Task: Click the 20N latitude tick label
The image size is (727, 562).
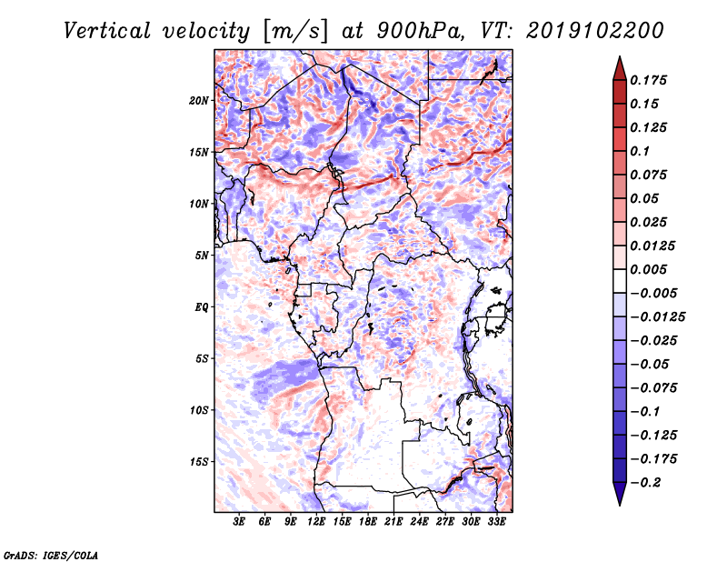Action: (x=198, y=101)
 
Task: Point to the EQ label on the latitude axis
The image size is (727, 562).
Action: (x=202, y=307)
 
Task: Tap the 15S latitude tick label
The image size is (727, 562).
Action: (x=198, y=462)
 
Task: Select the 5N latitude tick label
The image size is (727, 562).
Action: (x=201, y=256)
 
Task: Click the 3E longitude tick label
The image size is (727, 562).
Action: (x=239, y=522)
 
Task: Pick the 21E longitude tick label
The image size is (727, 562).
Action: (x=393, y=522)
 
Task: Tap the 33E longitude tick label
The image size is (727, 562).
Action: (x=496, y=522)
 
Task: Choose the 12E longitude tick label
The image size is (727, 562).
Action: (x=315, y=522)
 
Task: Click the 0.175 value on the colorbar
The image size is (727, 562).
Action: (x=648, y=80)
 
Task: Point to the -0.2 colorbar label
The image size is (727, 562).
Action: (x=645, y=483)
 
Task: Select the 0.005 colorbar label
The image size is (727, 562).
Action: (x=648, y=269)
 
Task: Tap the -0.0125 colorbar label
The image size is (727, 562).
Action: (x=657, y=317)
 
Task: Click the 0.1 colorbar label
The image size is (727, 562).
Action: (x=640, y=151)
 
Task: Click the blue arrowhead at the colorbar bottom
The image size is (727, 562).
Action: (x=620, y=493)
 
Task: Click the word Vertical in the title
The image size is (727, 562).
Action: (x=107, y=31)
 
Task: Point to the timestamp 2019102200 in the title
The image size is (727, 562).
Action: (x=595, y=31)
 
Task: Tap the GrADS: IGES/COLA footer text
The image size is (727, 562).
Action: (x=51, y=555)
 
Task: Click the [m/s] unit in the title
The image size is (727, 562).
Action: (x=295, y=32)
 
